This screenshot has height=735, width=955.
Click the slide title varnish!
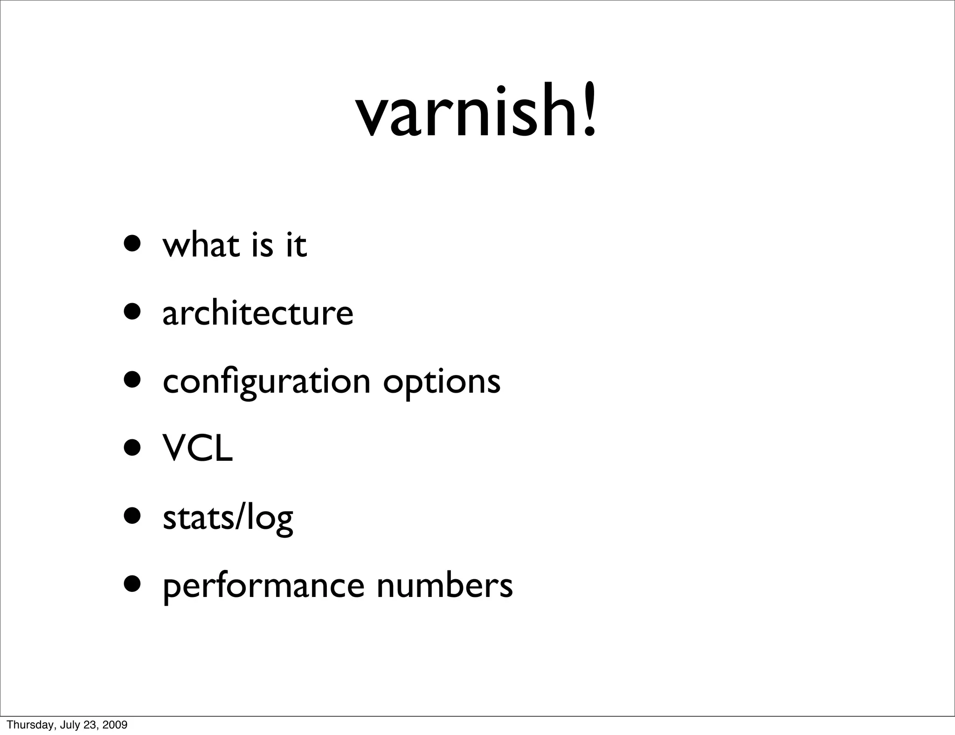[x=476, y=112]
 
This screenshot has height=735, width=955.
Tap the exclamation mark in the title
[x=589, y=110]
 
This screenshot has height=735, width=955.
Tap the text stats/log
[x=228, y=518]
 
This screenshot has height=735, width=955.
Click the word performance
[x=263, y=587]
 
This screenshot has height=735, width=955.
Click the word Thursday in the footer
[x=25, y=725]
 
